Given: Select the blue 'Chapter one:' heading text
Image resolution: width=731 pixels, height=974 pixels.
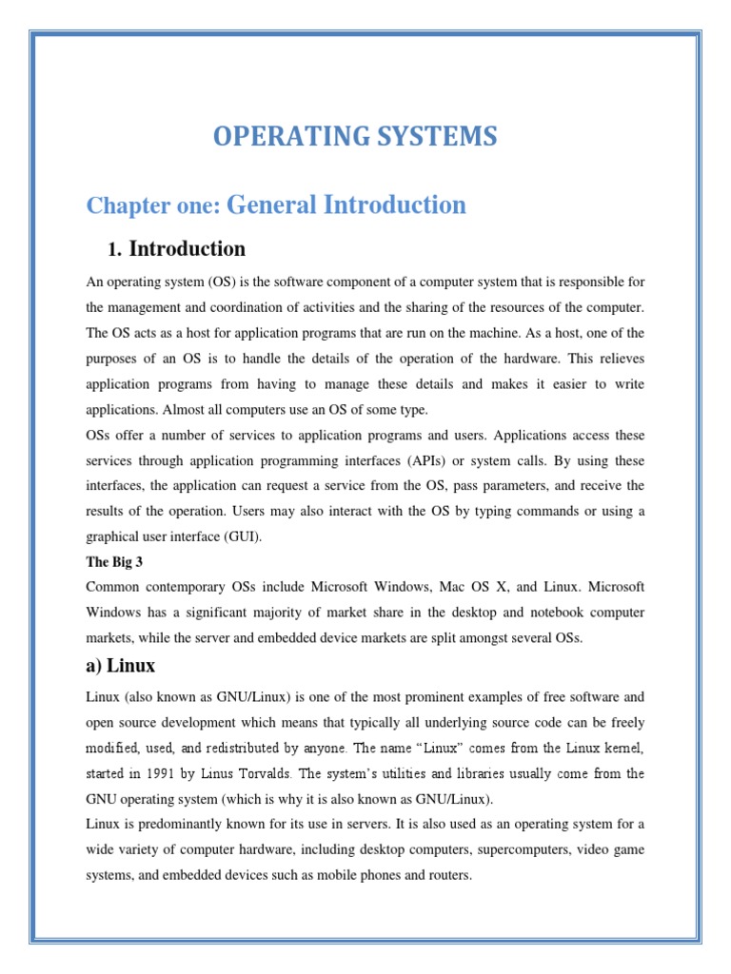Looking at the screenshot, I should tap(153, 205).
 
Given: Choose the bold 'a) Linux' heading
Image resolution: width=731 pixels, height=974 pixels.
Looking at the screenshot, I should tap(121, 665).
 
